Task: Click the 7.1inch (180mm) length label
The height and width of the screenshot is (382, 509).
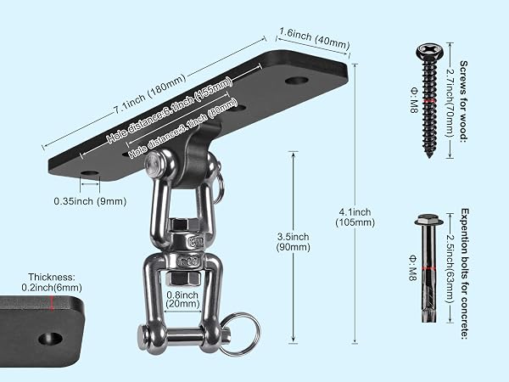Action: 149,94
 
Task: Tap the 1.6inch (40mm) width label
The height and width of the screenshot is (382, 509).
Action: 314,39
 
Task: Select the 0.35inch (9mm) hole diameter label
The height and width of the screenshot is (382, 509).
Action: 90,201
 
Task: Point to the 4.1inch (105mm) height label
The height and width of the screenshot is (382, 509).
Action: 355,217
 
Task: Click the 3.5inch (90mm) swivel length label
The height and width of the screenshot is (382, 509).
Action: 294,242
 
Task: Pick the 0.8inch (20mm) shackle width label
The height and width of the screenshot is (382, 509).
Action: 182,299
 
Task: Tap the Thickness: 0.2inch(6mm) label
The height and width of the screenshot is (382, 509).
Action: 52,282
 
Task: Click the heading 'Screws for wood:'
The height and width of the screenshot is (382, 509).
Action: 464,101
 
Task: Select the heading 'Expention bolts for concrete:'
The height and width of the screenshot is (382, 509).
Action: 465,274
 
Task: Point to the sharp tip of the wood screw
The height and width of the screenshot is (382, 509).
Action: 430,157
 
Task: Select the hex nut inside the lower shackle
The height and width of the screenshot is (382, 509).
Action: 182,278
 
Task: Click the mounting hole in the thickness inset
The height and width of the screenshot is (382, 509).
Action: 51,339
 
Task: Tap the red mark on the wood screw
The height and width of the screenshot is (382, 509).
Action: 429,101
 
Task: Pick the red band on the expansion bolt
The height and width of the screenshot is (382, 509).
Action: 428,268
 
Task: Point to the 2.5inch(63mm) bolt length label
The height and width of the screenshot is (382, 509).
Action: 450,269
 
